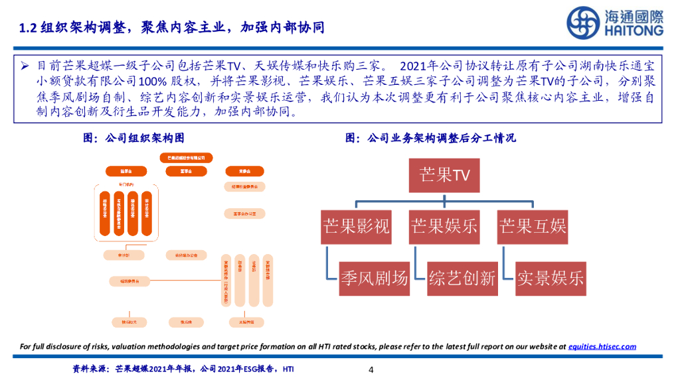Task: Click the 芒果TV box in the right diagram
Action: (x=445, y=174)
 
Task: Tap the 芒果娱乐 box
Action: (x=444, y=227)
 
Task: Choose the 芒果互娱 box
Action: (x=533, y=227)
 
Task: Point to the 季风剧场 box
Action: (x=374, y=278)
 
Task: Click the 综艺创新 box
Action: (x=462, y=278)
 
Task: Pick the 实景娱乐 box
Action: (x=551, y=278)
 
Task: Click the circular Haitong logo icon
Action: (x=584, y=23)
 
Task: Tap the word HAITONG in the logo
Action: (x=633, y=31)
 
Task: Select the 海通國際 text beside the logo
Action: (x=633, y=15)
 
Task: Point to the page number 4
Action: (x=371, y=370)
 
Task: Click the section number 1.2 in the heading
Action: (x=27, y=28)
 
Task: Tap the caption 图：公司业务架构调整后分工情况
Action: (x=430, y=138)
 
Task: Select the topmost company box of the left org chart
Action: (x=185, y=158)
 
